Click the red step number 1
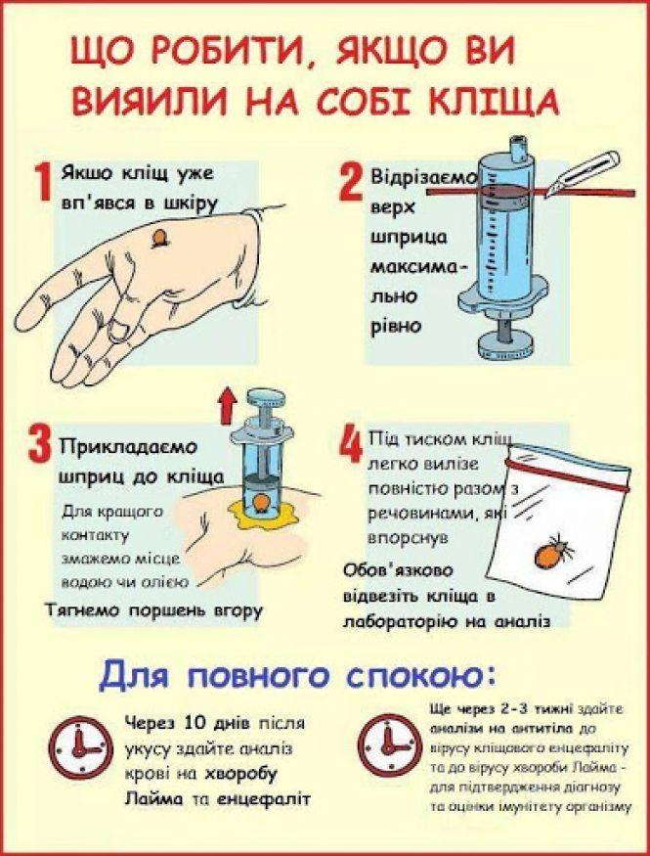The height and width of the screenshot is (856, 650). pyautogui.click(x=42, y=184)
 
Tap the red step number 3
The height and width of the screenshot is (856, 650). pyautogui.click(x=40, y=449)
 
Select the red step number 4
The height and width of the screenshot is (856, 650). pyautogui.click(x=349, y=446)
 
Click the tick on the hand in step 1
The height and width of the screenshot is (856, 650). pyautogui.click(x=159, y=238)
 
